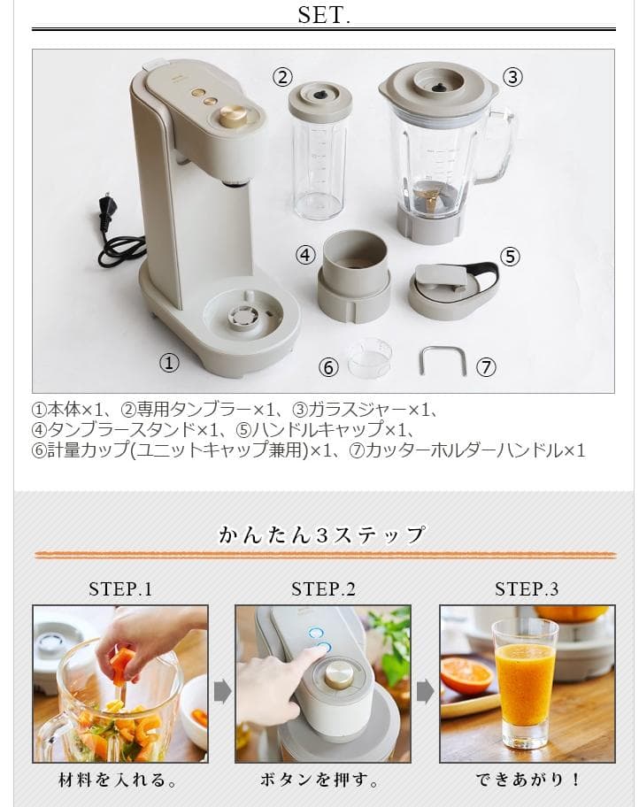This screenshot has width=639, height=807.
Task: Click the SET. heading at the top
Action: pos(324,15)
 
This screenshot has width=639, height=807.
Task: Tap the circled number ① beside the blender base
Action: pos(169,362)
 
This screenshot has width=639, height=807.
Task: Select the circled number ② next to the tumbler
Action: pos(282,77)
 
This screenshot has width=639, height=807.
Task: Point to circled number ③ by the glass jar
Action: pos(512,77)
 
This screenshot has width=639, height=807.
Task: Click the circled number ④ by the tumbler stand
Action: pos(305,255)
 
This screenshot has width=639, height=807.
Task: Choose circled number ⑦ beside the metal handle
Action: pos(486,367)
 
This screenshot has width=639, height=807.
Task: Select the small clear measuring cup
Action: pos(368,357)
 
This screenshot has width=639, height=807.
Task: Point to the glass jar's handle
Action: pos(502,142)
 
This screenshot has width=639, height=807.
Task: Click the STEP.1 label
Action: pos(120,589)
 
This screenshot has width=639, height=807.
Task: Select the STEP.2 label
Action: pos(323,589)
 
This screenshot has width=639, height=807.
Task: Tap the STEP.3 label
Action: pos(527,589)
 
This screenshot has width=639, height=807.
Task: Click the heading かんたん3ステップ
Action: pos(323,534)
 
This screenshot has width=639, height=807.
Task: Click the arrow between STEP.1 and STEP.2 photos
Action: pos(222,690)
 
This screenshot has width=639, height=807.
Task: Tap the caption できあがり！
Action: pos(527,780)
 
